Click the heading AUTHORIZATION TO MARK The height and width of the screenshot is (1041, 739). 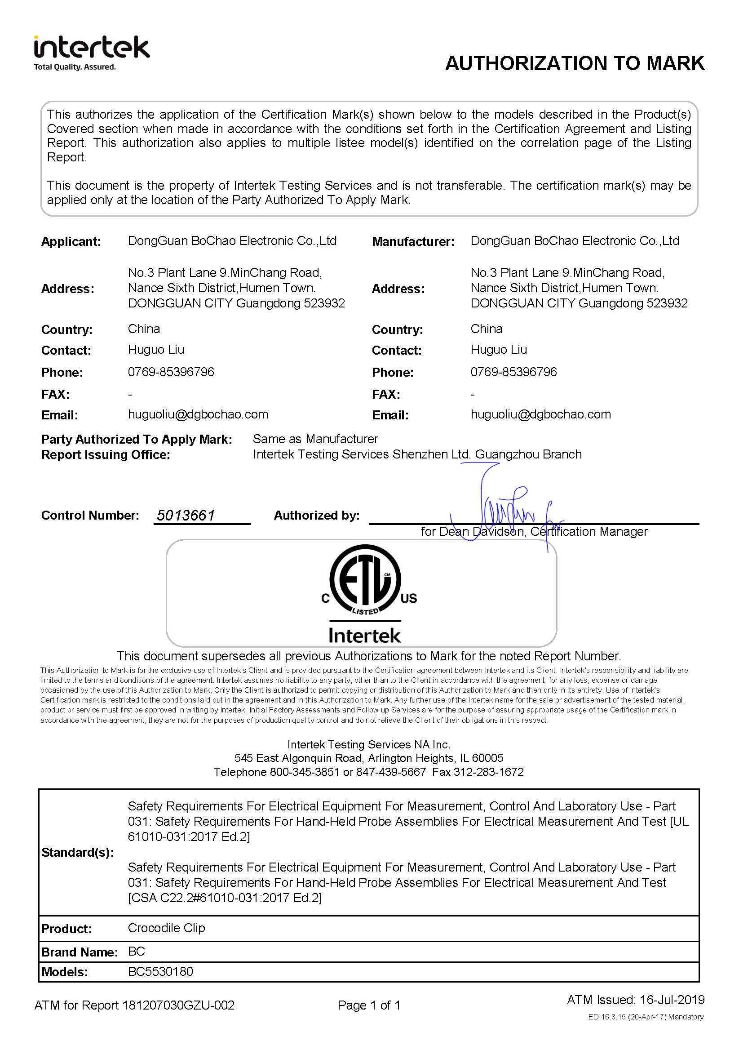[x=575, y=63]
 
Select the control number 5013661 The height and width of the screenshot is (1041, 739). [x=186, y=515]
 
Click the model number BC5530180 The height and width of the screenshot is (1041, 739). [x=160, y=971]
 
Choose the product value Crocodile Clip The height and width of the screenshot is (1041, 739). [x=166, y=928]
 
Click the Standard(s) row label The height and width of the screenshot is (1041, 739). [x=77, y=852]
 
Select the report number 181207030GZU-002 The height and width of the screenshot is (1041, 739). [x=178, y=1005]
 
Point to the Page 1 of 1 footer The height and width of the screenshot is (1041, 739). [x=368, y=1005]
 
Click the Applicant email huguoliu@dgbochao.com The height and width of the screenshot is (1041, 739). [x=198, y=414]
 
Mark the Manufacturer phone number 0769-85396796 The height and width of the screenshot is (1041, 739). [x=513, y=372]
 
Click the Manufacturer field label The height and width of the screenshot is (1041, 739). [x=413, y=242]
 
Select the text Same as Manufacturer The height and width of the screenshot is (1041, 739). [x=315, y=439]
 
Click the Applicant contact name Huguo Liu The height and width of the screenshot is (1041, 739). [x=155, y=350]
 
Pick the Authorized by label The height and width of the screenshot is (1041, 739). [x=316, y=515]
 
